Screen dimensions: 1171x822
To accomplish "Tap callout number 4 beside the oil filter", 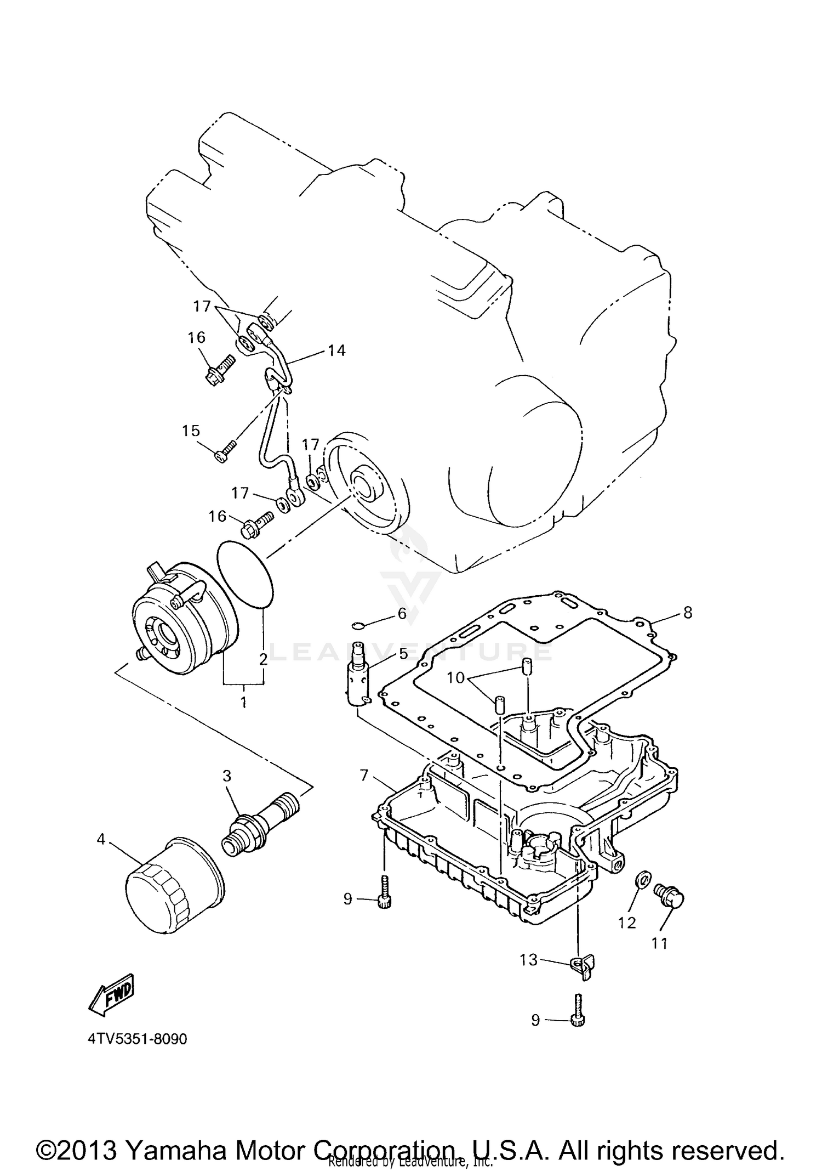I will (x=101, y=839).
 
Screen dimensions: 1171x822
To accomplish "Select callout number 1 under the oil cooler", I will (x=243, y=702).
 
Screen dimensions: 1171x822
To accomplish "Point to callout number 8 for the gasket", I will (x=688, y=612).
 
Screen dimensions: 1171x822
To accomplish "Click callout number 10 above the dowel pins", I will (x=455, y=678).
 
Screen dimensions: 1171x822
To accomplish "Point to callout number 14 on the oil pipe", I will (x=336, y=350).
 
